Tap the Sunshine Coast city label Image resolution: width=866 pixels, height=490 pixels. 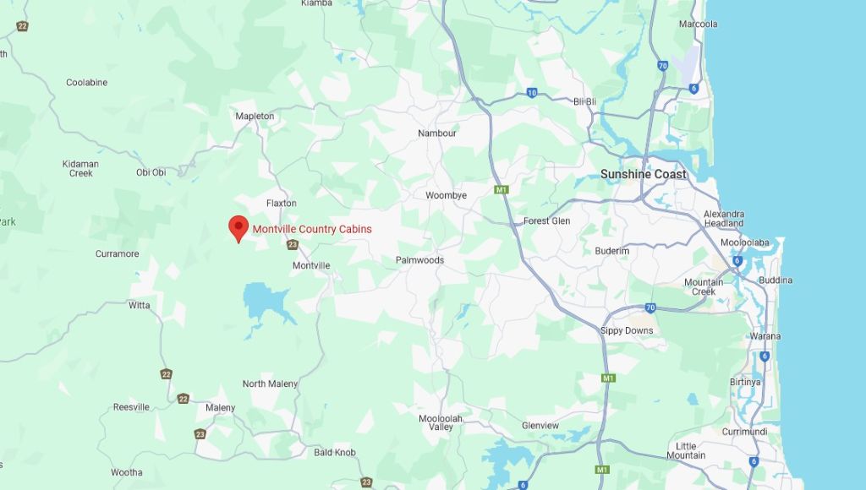click(x=644, y=174)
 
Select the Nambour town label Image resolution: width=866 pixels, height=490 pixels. click(x=437, y=133)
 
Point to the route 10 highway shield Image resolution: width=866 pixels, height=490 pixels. click(x=531, y=93)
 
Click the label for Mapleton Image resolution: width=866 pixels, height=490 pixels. click(x=255, y=116)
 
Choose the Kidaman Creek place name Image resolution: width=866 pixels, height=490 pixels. click(x=81, y=168)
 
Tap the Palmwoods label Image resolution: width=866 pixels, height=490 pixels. click(x=419, y=260)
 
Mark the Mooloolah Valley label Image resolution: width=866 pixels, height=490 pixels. click(x=441, y=422)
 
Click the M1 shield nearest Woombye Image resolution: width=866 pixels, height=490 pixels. click(x=502, y=190)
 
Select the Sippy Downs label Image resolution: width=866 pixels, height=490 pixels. click(x=627, y=330)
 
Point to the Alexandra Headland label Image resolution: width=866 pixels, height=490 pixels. click(x=724, y=219)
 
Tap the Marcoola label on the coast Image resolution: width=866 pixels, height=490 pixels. click(x=698, y=24)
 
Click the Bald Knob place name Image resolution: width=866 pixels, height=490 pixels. click(x=335, y=453)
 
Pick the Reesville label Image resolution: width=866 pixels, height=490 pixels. click(x=131, y=407)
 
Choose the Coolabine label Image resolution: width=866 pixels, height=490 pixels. click(x=87, y=83)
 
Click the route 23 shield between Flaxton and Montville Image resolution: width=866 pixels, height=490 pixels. click(x=293, y=245)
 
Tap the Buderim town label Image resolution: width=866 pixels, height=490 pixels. click(x=611, y=251)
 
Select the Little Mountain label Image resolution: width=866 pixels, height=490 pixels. click(x=686, y=450)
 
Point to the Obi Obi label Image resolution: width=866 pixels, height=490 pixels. click(x=151, y=172)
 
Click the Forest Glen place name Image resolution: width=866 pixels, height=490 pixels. click(x=546, y=220)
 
